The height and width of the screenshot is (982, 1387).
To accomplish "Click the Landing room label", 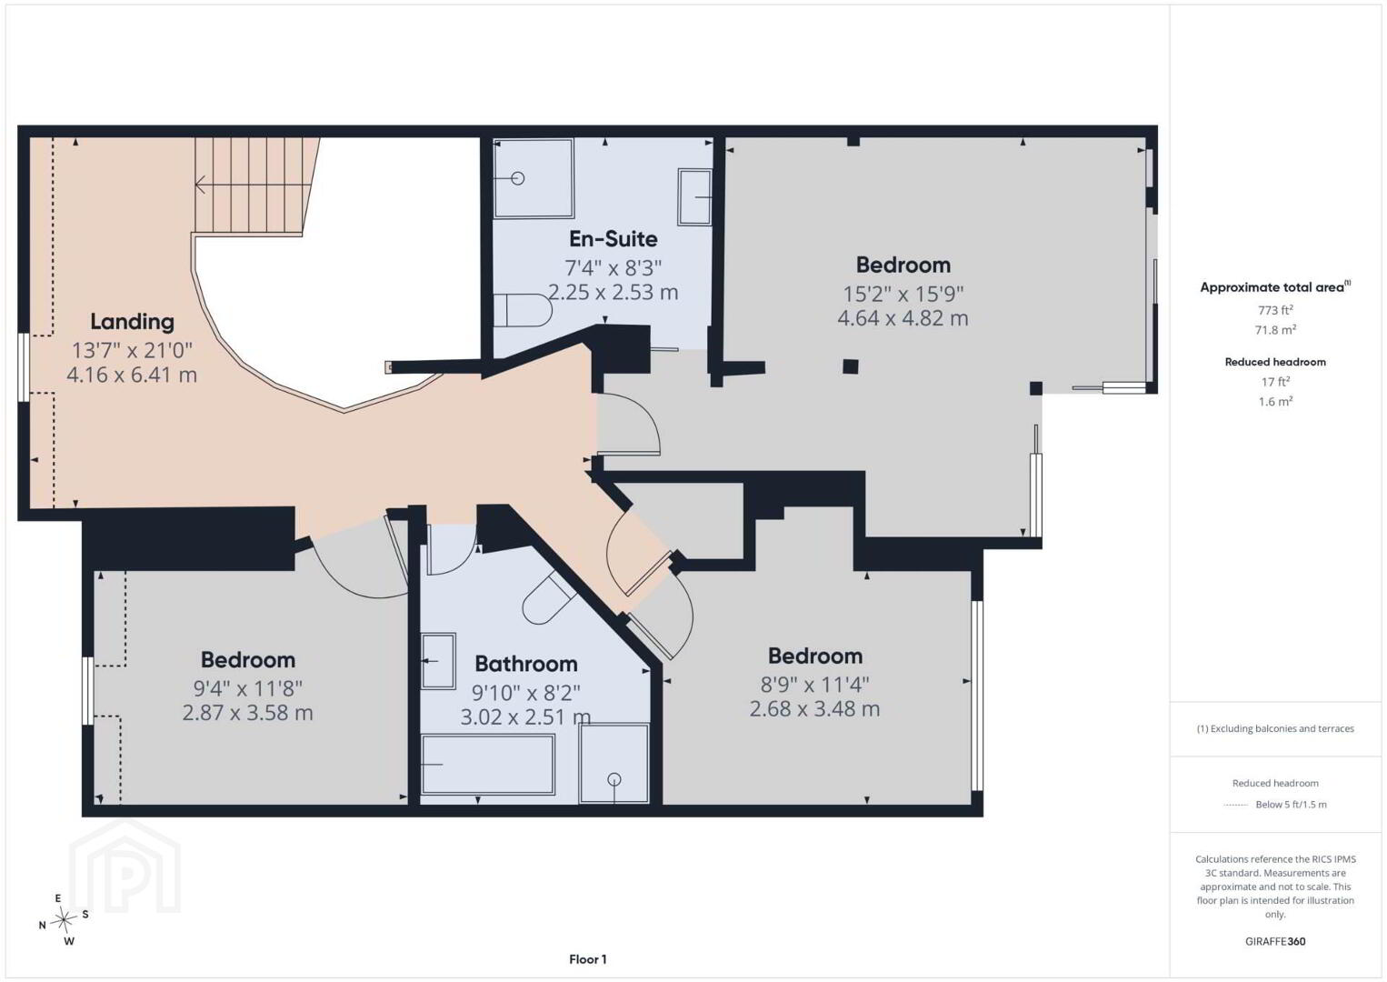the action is coord(132,322).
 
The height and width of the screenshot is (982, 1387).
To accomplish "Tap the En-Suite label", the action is coord(613,239).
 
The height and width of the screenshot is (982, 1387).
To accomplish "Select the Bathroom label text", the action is coord(525,664).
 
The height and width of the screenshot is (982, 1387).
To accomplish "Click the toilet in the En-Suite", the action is coord(523,310).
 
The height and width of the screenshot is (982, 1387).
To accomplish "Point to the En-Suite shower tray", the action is coord(534,178).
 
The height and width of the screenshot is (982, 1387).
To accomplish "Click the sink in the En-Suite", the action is coord(694,197).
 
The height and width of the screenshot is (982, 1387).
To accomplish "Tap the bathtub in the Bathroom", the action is coord(487,764).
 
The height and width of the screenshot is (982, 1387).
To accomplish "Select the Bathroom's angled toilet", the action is coord(548,597).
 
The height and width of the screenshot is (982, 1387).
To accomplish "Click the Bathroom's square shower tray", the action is coord(614,763).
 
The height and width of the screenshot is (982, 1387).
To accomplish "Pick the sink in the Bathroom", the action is coord(438,660).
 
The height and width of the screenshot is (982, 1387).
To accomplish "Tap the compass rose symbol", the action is coord(63,920).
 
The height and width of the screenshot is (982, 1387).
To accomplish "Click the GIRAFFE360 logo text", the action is coord(1275,941).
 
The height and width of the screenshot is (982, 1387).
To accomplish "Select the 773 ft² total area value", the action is coord(1275,309).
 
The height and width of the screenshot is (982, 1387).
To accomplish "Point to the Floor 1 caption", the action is coord(588,959).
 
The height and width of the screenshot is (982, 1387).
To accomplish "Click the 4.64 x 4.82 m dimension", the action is coord(903,318).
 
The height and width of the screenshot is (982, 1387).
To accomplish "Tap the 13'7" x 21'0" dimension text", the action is coord(132,351).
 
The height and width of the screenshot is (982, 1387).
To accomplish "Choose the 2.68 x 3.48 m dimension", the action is coord(814,709).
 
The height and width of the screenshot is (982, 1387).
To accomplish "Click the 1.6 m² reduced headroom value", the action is coord(1275,401).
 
